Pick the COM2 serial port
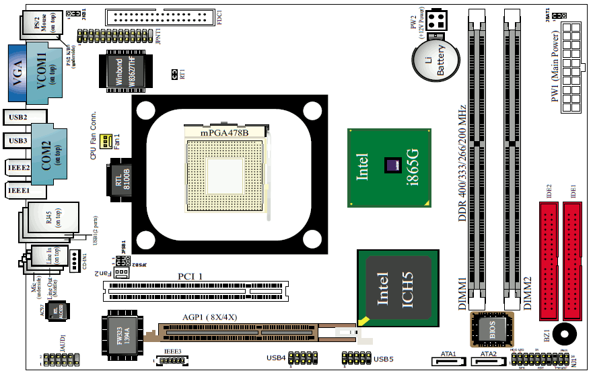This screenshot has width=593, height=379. point(50,153)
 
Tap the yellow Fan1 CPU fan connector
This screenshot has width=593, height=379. point(106,141)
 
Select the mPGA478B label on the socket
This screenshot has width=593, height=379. point(225,132)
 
